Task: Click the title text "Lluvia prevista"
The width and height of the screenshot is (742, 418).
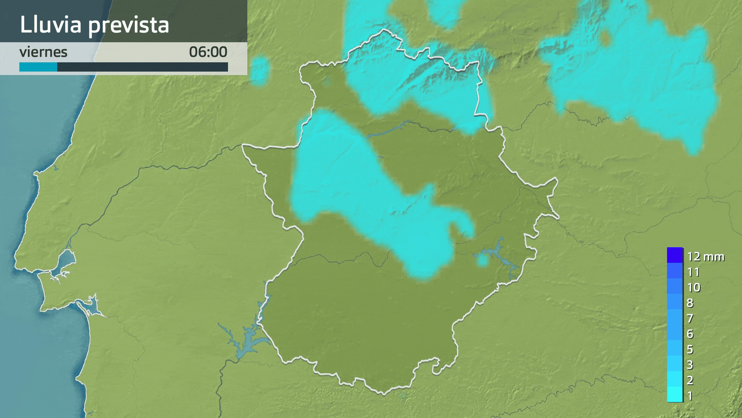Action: click(94, 24)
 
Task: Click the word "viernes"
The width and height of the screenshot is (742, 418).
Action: click(43, 52)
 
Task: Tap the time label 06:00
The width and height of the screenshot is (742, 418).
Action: click(208, 52)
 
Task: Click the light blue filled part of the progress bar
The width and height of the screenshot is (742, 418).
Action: click(38, 67)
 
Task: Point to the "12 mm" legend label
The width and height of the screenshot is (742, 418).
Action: click(705, 257)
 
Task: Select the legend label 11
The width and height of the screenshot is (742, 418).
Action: click(693, 272)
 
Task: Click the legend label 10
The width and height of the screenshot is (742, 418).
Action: click(694, 288)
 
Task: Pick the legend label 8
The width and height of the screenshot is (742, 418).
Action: click(690, 303)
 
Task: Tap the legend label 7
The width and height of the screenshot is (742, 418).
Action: click(690, 319)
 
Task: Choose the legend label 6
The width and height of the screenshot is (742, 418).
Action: click(690, 334)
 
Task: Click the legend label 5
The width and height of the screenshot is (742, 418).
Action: click(690, 349)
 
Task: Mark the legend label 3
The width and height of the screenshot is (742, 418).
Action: click(690, 365)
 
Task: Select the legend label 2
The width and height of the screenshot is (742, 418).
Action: click(690, 380)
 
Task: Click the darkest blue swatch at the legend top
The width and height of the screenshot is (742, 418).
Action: click(674, 255)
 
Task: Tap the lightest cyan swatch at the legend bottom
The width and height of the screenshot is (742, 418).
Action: click(674, 394)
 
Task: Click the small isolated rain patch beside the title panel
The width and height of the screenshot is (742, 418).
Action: click(260, 71)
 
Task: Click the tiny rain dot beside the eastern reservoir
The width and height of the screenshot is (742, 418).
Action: click(483, 261)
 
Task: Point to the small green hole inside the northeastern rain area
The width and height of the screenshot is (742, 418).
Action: click(606, 38)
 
